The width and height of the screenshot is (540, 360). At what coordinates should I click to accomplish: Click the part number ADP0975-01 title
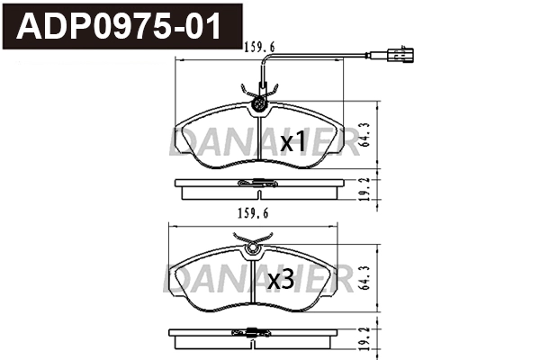click(121, 26)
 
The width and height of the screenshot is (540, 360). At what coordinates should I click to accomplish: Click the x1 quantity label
click(293, 142)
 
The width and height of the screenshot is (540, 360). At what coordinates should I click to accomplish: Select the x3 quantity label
click(282, 280)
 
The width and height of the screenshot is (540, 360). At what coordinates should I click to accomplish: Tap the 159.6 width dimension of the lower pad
click(254, 213)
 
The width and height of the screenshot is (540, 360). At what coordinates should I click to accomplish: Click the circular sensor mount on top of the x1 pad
click(260, 103)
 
